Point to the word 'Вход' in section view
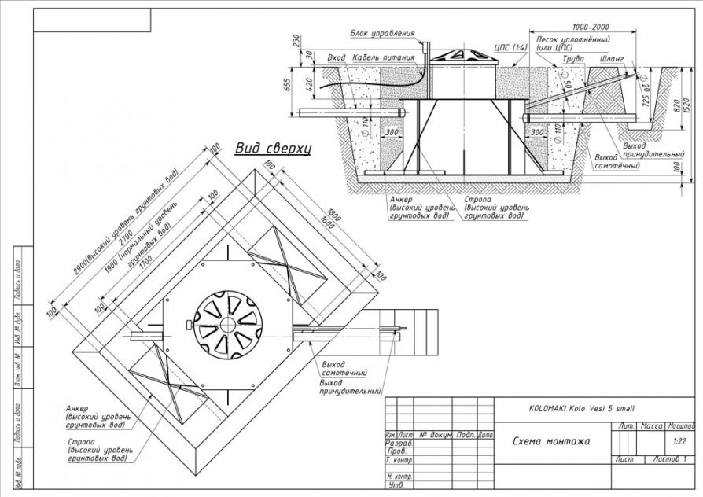click(337, 58)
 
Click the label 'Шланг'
click(612, 58)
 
